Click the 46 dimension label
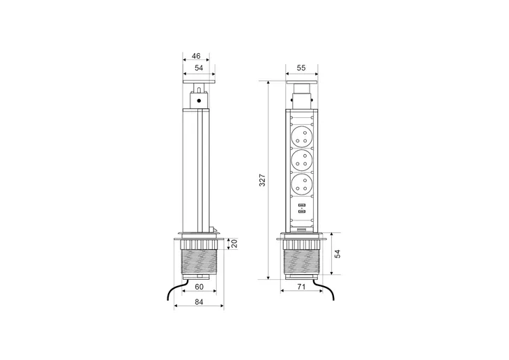tap(196, 56)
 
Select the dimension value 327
tap(262, 180)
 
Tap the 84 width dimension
tap(199, 302)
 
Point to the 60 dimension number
tap(199, 287)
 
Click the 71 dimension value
tap(302, 287)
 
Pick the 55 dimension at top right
tap(301, 68)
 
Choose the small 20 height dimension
tap(234, 243)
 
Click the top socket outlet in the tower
tap(302, 137)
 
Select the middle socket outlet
tap(302, 160)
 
